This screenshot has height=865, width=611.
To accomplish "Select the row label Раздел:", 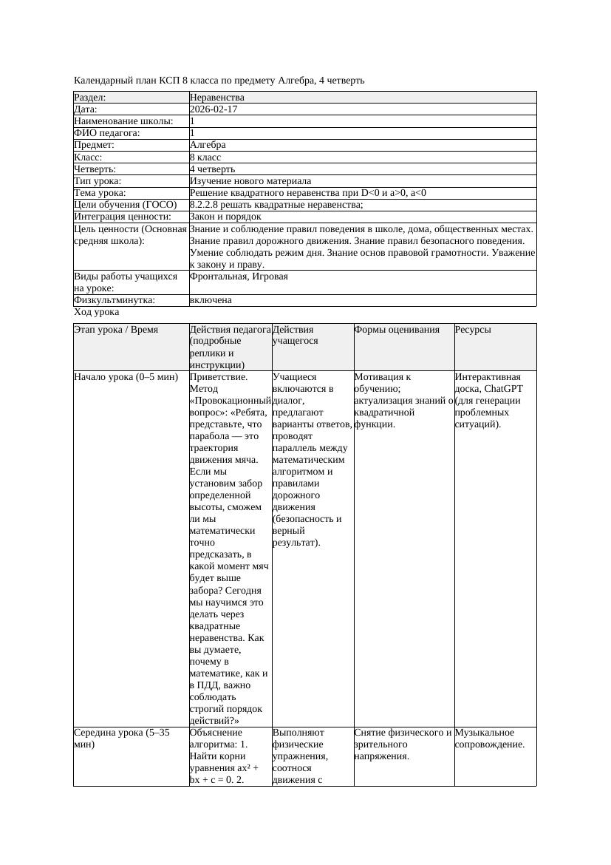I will [x=90, y=98].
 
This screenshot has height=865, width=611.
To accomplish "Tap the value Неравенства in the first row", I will [x=217, y=98].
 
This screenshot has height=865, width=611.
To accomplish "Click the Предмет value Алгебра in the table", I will [x=208, y=145].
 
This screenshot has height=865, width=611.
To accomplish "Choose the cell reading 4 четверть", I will [x=212, y=169].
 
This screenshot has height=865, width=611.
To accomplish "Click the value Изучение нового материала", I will [x=250, y=181].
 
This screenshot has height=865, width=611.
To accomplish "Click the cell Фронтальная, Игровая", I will [x=239, y=277].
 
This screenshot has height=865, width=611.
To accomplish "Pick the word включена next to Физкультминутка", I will [x=211, y=300].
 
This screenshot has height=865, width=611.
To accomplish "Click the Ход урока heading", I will [x=97, y=312].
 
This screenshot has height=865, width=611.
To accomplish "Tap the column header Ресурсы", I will [x=473, y=330].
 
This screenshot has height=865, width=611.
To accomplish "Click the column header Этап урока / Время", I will [x=117, y=330].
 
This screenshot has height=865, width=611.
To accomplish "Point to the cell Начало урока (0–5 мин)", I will [x=126, y=377].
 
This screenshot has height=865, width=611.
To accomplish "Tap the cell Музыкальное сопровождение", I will [x=489, y=739].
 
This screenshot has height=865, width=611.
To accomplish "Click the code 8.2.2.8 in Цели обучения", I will [x=204, y=205].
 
